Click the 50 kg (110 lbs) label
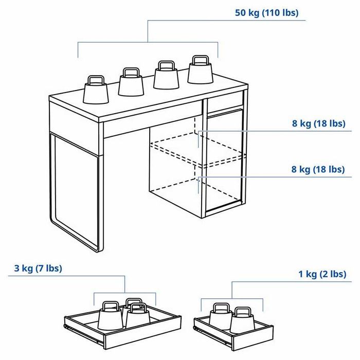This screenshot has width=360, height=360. (266, 13)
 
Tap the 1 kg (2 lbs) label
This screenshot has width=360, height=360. (322, 274)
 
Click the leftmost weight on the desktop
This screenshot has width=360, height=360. (96, 92)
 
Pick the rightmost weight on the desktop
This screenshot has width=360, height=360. (201, 71)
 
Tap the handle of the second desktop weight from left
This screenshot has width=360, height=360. (130, 71)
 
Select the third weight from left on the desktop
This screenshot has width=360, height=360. (166, 77)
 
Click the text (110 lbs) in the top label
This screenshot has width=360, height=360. (280, 13)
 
